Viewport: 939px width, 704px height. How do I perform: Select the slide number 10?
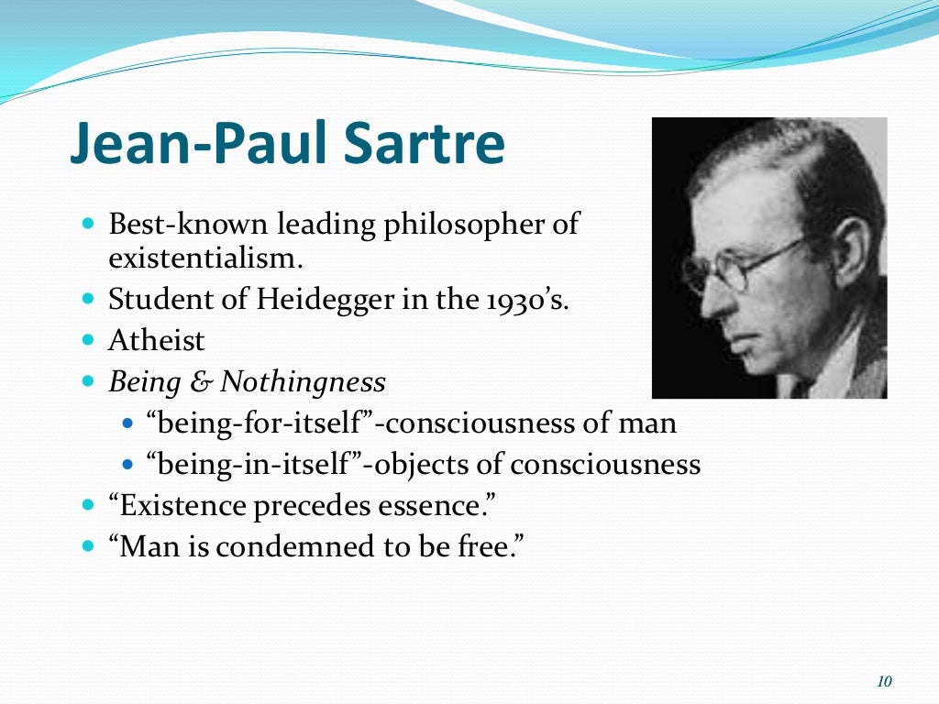tap(884, 681)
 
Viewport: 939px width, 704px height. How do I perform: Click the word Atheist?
tap(157, 341)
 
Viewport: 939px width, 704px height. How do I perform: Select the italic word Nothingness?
tap(303, 381)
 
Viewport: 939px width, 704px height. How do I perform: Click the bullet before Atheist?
tap(88, 341)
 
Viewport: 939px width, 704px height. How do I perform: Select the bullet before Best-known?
tap(88, 224)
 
